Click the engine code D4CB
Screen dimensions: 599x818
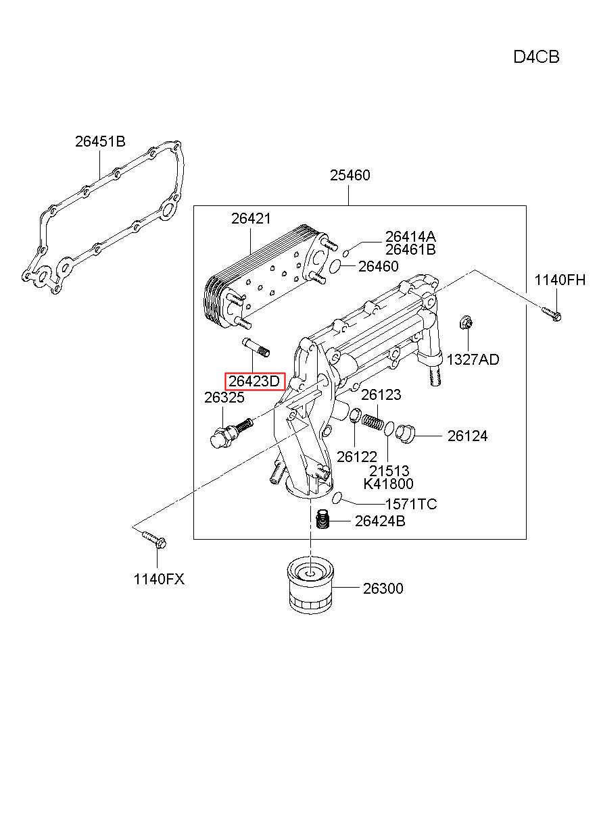(535, 57)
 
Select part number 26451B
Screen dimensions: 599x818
(100, 141)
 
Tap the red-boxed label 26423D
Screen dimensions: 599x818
(254, 381)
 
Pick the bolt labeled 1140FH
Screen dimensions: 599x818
(552, 314)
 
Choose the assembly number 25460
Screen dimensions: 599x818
(350, 176)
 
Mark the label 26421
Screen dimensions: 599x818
(251, 219)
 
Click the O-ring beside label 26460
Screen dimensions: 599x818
(335, 266)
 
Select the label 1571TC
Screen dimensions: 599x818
(411, 504)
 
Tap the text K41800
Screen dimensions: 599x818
(388, 484)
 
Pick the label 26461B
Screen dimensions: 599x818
(410, 250)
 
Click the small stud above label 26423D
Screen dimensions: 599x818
(256, 347)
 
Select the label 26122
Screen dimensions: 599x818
(357, 457)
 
